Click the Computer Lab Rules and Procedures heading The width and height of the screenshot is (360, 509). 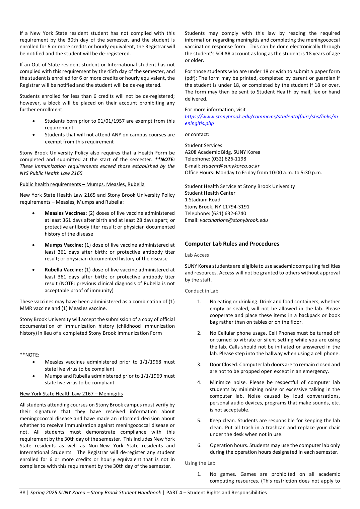[x=232, y=244]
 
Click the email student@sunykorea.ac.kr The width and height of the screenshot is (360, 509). [x=230, y=166]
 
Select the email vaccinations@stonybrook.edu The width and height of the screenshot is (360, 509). [x=234, y=220]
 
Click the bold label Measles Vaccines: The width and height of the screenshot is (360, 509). [x=66, y=213]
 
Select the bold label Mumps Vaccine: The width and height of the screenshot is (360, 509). [x=64, y=245]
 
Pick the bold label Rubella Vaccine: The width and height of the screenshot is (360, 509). [x=64, y=270]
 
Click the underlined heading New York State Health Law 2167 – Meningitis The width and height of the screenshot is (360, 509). [x=71, y=394]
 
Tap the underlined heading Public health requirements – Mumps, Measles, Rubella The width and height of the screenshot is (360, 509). [x=82, y=184]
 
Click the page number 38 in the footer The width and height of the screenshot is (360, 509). [x=22, y=493]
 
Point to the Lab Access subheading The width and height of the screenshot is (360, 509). [x=197, y=255]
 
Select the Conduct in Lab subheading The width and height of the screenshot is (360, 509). [x=201, y=291]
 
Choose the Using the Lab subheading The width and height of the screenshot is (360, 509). [x=200, y=463]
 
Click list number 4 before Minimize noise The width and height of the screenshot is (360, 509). [x=199, y=382]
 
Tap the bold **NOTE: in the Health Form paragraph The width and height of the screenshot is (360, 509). [x=165, y=160]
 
